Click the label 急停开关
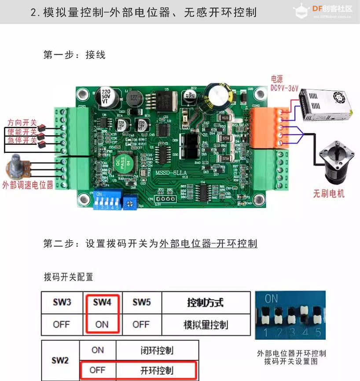(22, 141)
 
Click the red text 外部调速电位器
(28, 185)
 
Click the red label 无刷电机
(329, 193)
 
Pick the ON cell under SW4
(102, 324)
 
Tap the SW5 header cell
(141, 303)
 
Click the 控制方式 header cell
(205, 303)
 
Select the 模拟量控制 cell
(205, 325)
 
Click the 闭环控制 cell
(157, 351)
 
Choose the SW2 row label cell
(60, 360)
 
